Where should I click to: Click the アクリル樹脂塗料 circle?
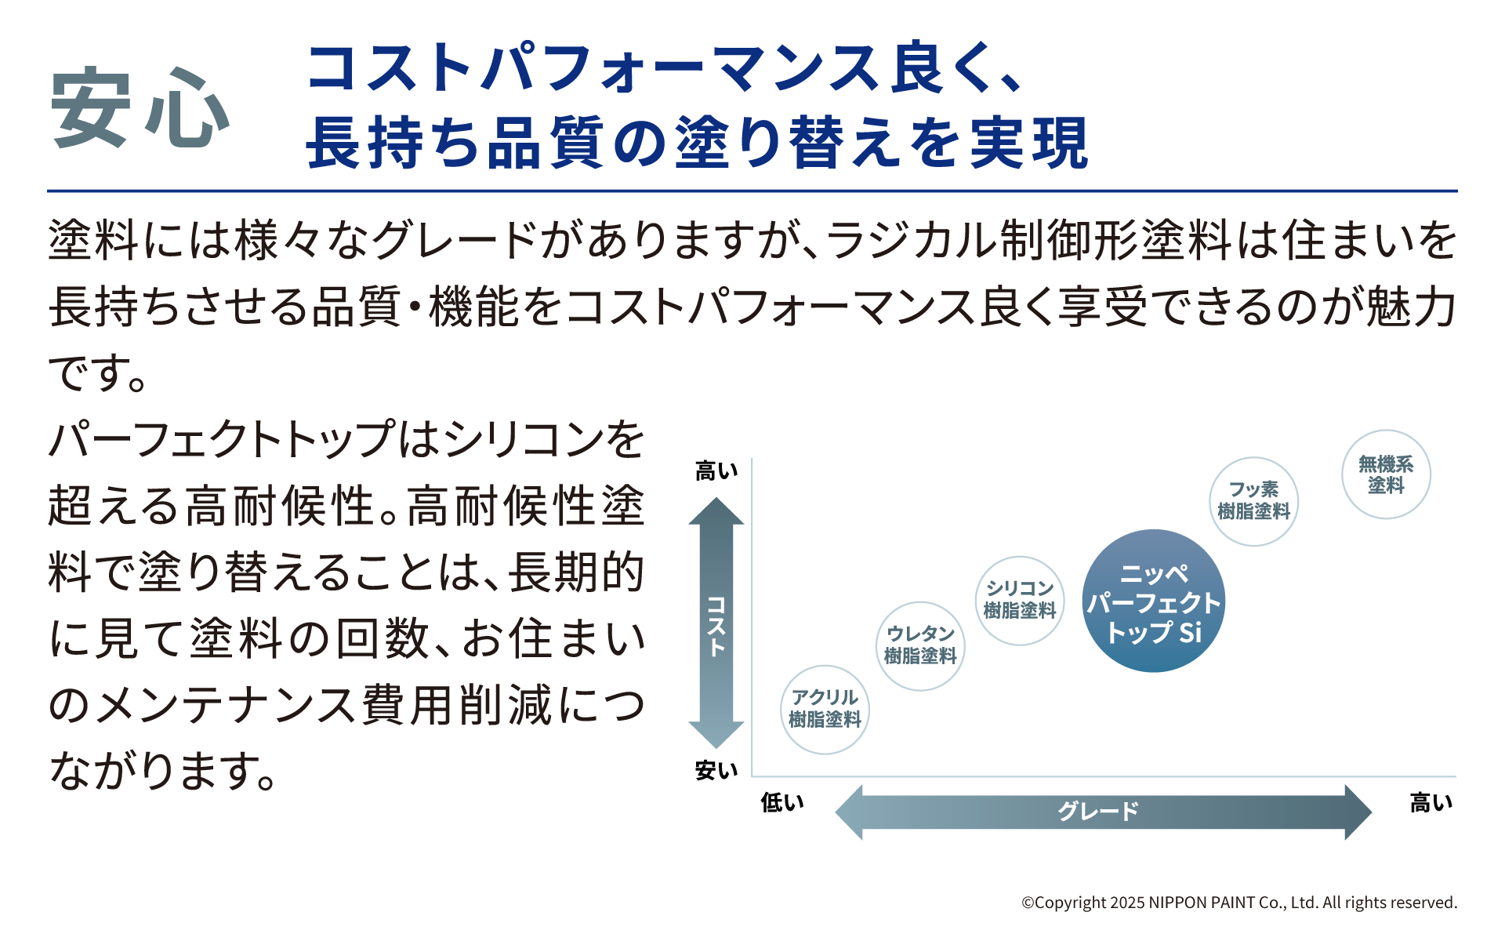(825, 709)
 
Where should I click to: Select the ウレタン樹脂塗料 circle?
(920, 645)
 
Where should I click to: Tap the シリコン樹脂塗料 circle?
(1019, 600)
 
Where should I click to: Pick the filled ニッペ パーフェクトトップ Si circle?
(1153, 601)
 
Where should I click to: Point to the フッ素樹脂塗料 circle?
(1253, 501)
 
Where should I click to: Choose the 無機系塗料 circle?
(1386, 474)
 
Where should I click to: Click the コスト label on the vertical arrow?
(716, 625)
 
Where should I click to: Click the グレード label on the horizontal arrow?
(1097, 811)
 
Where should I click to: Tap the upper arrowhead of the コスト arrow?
(716, 510)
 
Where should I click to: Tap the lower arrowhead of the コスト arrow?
(716, 736)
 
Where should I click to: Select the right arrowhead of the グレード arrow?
(1357, 812)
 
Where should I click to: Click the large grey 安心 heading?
(140, 107)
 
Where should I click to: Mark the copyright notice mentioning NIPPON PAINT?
(1238, 903)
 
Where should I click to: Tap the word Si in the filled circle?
(1190, 632)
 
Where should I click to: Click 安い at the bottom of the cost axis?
(716, 771)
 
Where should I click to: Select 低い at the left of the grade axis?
(782, 802)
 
